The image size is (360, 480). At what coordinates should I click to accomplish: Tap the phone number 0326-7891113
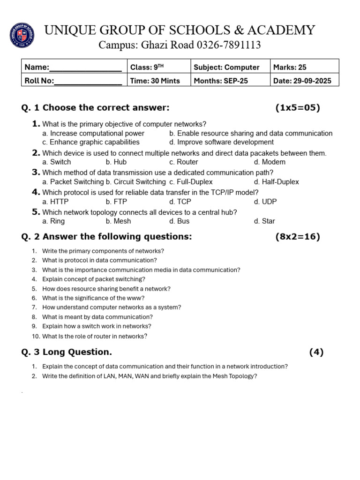click(x=225, y=45)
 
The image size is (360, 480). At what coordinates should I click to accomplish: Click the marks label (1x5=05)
click(x=298, y=108)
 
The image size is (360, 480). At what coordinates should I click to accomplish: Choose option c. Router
click(x=184, y=162)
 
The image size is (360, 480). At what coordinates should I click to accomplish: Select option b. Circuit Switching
click(x=135, y=182)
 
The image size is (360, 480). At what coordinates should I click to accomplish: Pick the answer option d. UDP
click(x=265, y=202)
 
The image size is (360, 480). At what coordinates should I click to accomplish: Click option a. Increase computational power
click(x=93, y=134)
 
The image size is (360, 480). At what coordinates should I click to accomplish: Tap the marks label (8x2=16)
click(x=298, y=237)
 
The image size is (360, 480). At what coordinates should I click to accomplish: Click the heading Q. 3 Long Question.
click(x=67, y=352)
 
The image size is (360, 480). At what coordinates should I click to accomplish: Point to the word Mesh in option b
click(x=122, y=221)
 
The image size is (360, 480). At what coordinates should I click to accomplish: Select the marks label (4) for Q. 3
click(x=316, y=352)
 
